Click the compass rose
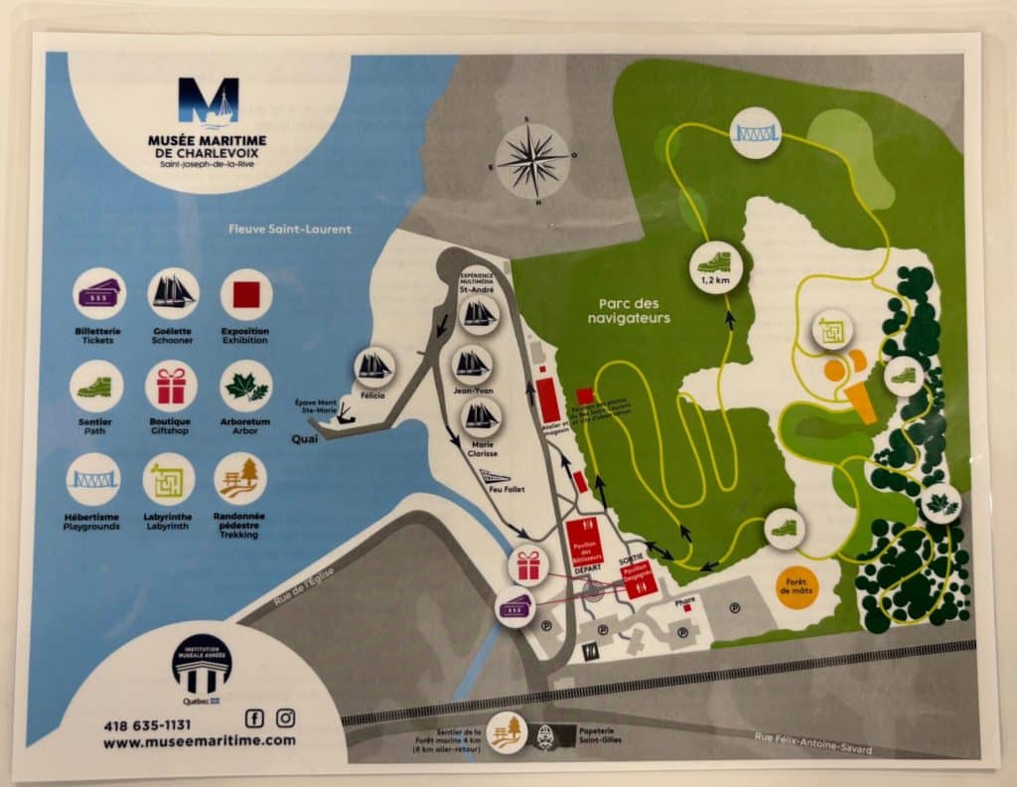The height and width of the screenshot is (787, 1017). click(532, 159)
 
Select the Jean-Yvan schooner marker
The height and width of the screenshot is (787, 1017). click(472, 364)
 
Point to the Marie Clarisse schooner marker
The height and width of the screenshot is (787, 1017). click(481, 414)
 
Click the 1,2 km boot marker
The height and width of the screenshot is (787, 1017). click(714, 262)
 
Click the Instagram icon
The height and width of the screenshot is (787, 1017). click(285, 717)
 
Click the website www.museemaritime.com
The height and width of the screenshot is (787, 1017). click(199, 740)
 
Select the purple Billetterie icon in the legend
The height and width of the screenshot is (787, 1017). click(98, 293)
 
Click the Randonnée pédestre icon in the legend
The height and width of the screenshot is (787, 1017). click(239, 478)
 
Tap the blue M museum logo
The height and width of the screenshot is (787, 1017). click(208, 103)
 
